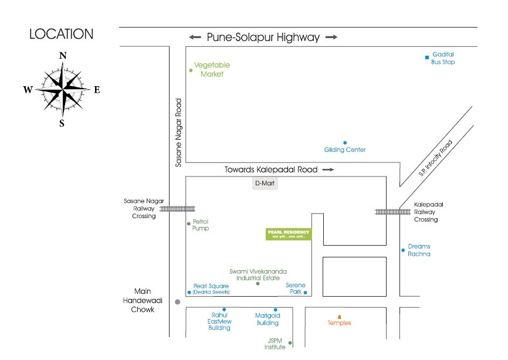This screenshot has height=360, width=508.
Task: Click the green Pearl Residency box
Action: pyautogui.click(x=289, y=235)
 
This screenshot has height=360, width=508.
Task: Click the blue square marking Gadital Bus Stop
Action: pyautogui.click(x=428, y=57)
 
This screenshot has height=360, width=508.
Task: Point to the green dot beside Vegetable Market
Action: pyautogui.click(x=191, y=70)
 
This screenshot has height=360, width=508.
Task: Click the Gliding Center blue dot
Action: pyautogui.click(x=345, y=142)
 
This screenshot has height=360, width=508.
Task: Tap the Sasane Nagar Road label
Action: pyautogui.click(x=180, y=137)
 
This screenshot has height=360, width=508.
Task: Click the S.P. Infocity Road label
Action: pyautogui.click(x=436, y=158)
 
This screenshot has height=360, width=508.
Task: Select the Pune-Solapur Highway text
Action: pyautogui.click(x=263, y=37)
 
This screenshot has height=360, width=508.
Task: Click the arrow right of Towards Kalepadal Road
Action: pyautogui.click(x=328, y=170)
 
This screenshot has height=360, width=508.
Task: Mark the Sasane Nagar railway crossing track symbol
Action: pyautogui.click(x=177, y=208)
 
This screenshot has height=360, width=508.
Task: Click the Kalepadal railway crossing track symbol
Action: pyautogui.click(x=392, y=212)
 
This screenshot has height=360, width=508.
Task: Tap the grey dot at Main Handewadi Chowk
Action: pyautogui.click(x=178, y=302)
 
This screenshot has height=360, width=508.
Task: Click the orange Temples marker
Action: pyautogui.click(x=339, y=317)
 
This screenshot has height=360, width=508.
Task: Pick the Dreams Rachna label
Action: pyautogui.click(x=419, y=250)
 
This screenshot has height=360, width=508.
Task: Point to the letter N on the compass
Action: pyautogui.click(x=62, y=56)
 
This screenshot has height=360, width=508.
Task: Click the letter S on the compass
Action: pyautogui.click(x=62, y=123)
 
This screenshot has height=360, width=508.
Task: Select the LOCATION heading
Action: pyautogui.click(x=61, y=35)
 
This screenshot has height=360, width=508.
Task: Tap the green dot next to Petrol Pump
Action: pyautogui.click(x=188, y=223)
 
